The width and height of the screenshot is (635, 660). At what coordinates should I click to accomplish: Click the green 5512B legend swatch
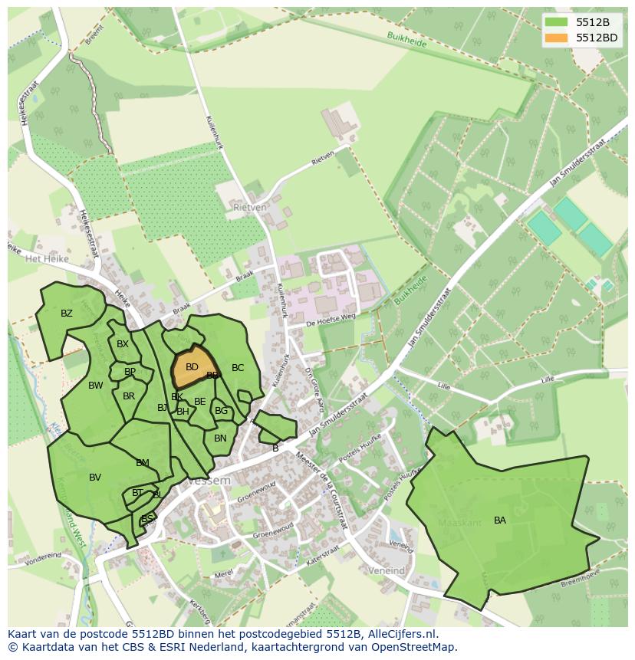point(558,22)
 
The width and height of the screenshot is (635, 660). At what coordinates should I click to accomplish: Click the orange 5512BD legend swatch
point(558,38)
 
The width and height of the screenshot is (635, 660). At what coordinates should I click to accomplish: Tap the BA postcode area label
point(500,520)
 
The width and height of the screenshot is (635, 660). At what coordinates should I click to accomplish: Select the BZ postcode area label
point(67,314)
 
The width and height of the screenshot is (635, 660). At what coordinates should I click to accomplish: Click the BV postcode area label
point(95,478)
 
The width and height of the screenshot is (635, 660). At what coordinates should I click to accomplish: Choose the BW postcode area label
point(95,386)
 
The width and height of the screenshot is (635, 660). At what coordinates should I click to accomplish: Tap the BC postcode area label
point(238,368)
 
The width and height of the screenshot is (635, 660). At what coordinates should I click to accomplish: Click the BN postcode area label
point(220,438)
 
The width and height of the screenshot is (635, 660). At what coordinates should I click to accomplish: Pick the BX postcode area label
point(123,344)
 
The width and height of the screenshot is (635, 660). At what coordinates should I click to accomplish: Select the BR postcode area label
point(129,396)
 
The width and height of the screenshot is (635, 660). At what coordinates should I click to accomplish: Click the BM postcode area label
point(143,463)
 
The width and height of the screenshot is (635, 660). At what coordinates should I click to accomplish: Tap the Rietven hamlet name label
point(250,207)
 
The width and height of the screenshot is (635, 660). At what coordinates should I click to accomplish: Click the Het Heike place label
point(48,259)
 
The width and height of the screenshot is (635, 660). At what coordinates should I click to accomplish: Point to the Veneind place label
point(387,571)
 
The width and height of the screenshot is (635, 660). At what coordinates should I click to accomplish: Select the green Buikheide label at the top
point(406,43)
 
